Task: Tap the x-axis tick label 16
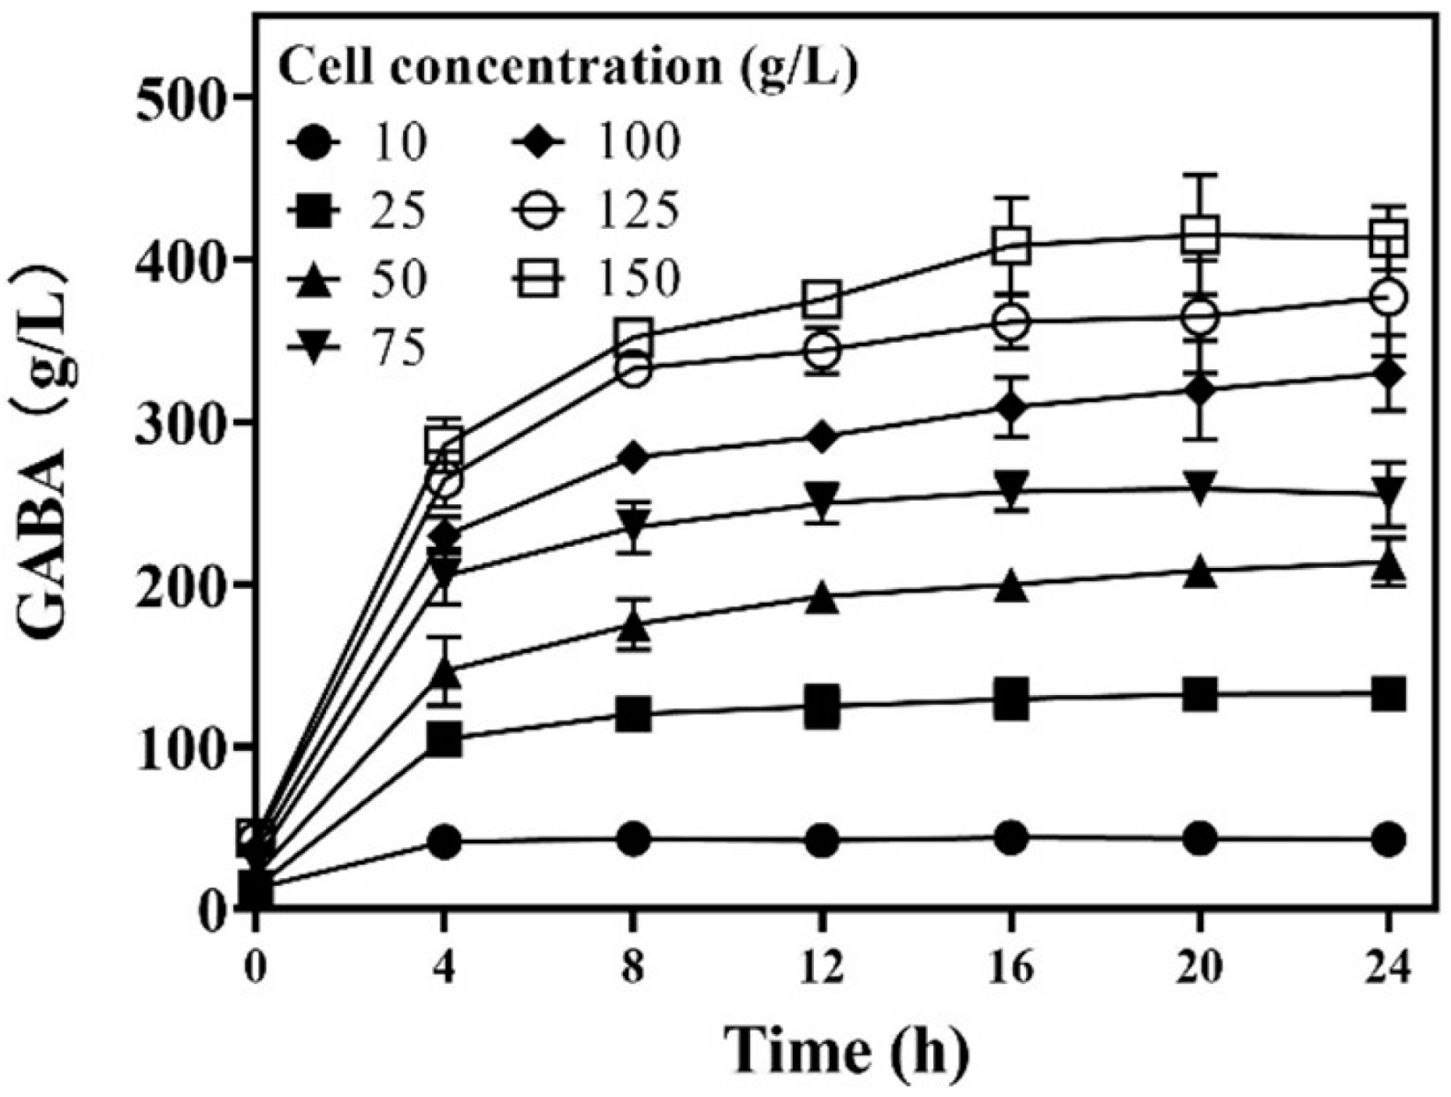1011,967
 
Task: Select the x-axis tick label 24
1388,967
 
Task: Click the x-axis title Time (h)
847,1048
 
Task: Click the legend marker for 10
316,142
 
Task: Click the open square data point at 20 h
1200,235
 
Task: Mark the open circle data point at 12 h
822,352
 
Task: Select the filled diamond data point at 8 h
634,458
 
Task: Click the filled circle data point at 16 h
1011,837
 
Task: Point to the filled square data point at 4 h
444,740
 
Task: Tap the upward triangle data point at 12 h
822,598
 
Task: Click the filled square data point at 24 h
1388,694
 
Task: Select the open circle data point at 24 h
1388,298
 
